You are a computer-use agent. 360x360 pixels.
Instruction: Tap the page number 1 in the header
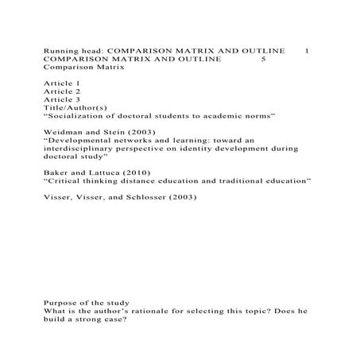click(x=308, y=51)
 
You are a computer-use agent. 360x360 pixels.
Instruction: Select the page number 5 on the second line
click(x=263, y=60)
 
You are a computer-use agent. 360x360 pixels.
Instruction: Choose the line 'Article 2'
click(x=61, y=92)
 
